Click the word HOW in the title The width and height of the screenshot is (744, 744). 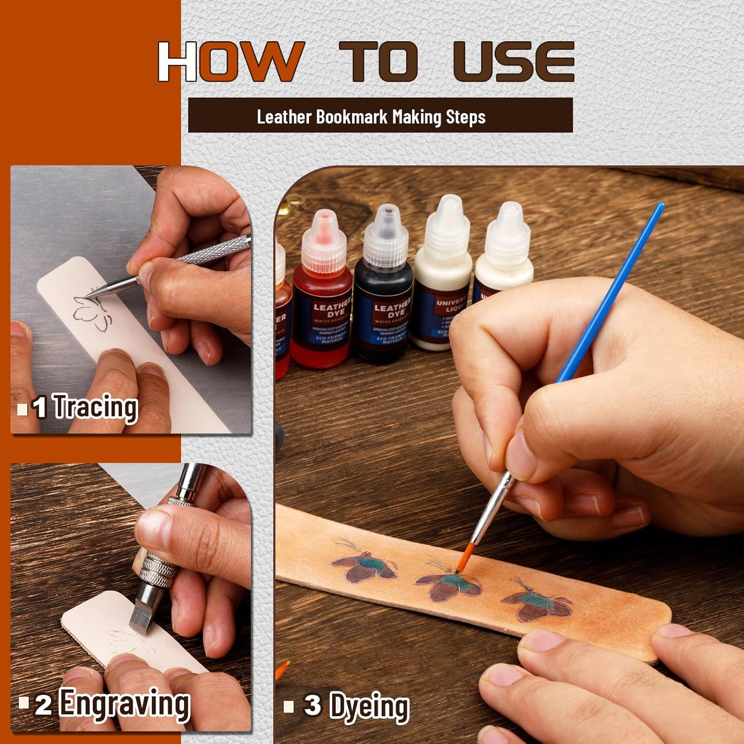pyautogui.click(x=230, y=62)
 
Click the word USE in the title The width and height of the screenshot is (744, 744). pyautogui.click(x=514, y=62)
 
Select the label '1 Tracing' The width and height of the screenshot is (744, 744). pyautogui.click(x=84, y=407)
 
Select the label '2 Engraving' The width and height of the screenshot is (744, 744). pyautogui.click(x=112, y=704)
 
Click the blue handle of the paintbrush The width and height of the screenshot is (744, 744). pyautogui.click(x=610, y=293)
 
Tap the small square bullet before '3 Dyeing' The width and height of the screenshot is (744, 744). pyautogui.click(x=289, y=706)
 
